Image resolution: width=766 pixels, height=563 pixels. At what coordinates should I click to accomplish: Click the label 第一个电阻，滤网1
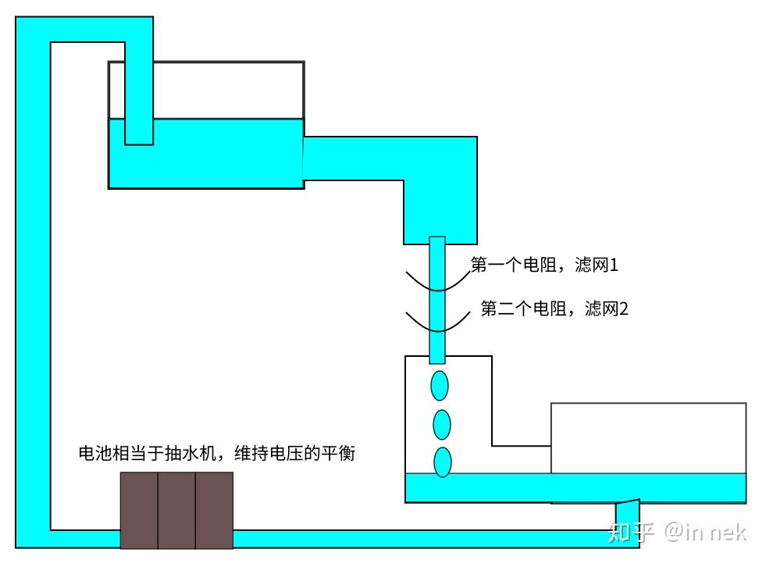tap(544, 265)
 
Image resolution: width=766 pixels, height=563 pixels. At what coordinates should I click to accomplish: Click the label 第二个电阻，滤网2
tap(554, 308)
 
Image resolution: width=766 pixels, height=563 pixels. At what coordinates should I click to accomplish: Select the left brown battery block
tap(139, 510)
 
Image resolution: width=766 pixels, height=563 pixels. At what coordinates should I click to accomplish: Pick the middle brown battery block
tap(176, 510)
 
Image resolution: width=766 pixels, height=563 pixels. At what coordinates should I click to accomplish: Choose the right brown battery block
tap(214, 510)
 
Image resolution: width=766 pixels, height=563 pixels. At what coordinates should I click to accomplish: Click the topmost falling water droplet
tap(440, 386)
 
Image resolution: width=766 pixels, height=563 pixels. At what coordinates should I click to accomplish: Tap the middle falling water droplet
tap(442, 424)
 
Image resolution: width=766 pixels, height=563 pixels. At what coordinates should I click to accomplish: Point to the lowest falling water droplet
tap(443, 462)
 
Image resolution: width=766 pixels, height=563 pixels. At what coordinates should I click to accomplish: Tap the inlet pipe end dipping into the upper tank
tap(139, 129)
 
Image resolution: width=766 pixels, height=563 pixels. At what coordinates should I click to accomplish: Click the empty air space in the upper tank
tap(226, 90)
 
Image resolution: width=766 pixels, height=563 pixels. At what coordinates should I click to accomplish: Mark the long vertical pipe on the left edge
tap(33, 281)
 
